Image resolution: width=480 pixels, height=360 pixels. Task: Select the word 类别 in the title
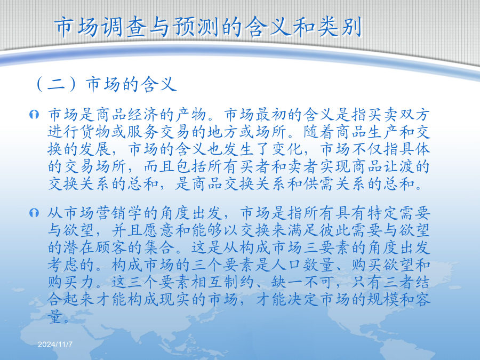[x=340, y=27]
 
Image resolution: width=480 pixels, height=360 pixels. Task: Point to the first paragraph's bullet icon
[x=34, y=115]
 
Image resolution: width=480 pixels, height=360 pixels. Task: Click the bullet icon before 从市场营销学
[x=34, y=212]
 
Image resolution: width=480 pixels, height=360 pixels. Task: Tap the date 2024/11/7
[x=55, y=345]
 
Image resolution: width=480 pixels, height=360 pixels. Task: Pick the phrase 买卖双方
[x=398, y=115]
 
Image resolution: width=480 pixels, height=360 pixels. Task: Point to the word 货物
[x=95, y=132]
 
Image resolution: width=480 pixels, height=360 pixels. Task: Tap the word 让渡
[x=398, y=166]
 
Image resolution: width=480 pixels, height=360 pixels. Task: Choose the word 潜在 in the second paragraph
[x=79, y=247]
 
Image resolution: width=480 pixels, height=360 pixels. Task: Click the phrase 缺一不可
[x=303, y=282]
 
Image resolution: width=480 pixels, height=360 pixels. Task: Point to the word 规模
[x=382, y=299]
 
